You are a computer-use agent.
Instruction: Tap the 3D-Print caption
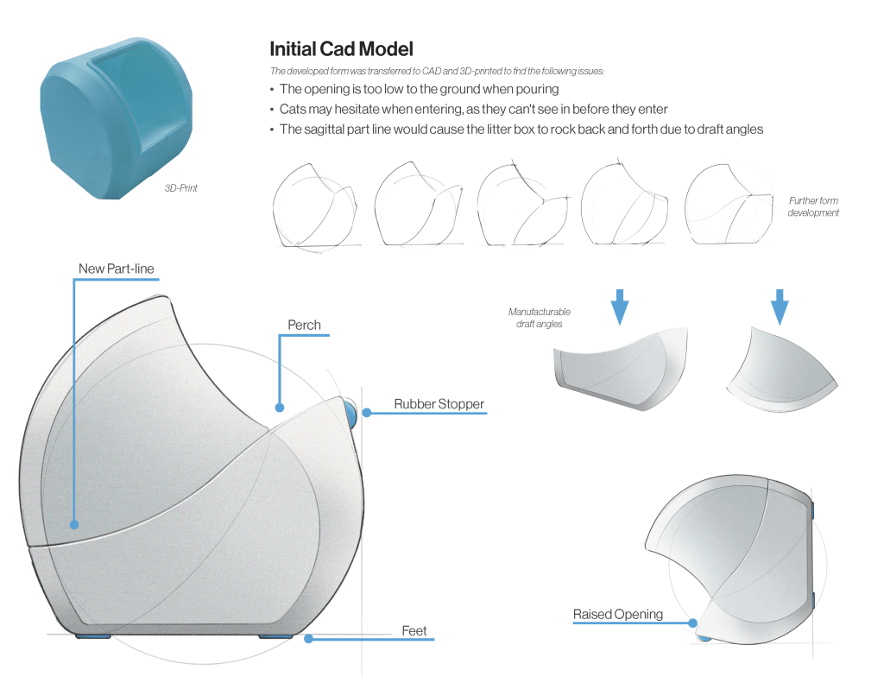pyautogui.click(x=181, y=187)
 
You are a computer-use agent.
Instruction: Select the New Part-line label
pyautogui.click(x=116, y=269)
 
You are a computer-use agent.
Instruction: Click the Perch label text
pyautogui.click(x=304, y=326)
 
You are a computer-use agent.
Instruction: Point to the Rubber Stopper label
pyautogui.click(x=439, y=403)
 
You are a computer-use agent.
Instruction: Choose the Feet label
pyautogui.click(x=414, y=631)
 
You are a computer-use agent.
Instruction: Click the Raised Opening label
pyautogui.click(x=618, y=614)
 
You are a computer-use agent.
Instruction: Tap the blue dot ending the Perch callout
pyautogui.click(x=279, y=407)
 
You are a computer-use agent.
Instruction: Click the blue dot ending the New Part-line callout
pyautogui.click(x=74, y=524)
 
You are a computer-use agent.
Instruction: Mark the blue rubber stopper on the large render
pyautogui.click(x=350, y=415)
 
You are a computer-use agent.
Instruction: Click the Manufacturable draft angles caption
pyautogui.click(x=539, y=317)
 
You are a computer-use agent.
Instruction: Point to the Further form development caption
pyautogui.click(x=813, y=206)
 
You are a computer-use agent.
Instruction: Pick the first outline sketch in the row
pyautogui.click(x=314, y=205)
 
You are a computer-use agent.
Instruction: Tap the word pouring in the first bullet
pyautogui.click(x=537, y=89)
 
